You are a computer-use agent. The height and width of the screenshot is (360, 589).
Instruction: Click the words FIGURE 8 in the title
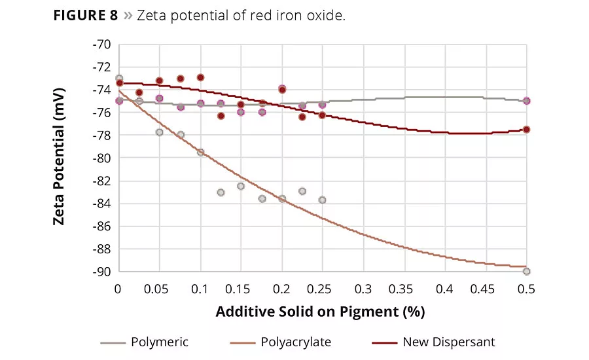[85, 16]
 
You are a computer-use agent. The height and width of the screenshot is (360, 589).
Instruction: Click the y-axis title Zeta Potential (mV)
[59, 158]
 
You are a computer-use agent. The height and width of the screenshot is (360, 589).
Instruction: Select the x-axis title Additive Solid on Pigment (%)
[321, 311]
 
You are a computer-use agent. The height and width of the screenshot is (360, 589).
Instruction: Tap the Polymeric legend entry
[159, 342]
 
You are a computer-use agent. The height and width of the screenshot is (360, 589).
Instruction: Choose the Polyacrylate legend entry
[295, 342]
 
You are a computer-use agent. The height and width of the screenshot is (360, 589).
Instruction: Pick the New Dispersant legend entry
[448, 342]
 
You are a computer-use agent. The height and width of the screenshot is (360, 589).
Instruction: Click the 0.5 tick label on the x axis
[527, 288]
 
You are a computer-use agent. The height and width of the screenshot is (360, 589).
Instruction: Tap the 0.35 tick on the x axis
[404, 288]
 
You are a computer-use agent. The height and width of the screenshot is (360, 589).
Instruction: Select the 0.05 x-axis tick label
[159, 288]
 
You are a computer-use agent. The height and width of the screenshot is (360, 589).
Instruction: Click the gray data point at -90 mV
[527, 272]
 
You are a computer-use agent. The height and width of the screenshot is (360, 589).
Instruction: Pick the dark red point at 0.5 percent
[527, 130]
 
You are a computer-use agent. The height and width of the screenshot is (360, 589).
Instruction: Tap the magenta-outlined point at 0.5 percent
[527, 101]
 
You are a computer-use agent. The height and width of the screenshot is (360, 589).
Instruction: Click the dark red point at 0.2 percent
[282, 89]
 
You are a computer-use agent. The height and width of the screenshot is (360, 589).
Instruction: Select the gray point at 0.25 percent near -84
[322, 200]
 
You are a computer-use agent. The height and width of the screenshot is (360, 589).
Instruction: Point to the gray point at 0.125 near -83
[221, 192]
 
